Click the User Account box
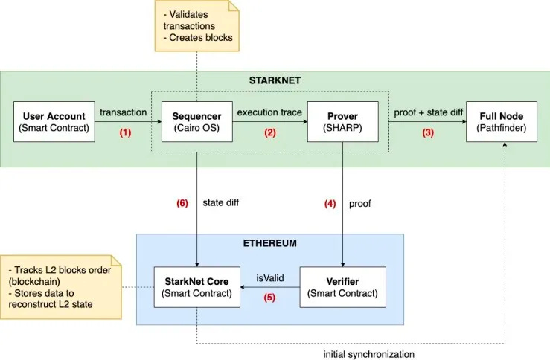click(x=54, y=123)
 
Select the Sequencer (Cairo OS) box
click(x=196, y=123)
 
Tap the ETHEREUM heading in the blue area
click(x=269, y=243)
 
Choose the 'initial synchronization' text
click(x=368, y=355)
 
